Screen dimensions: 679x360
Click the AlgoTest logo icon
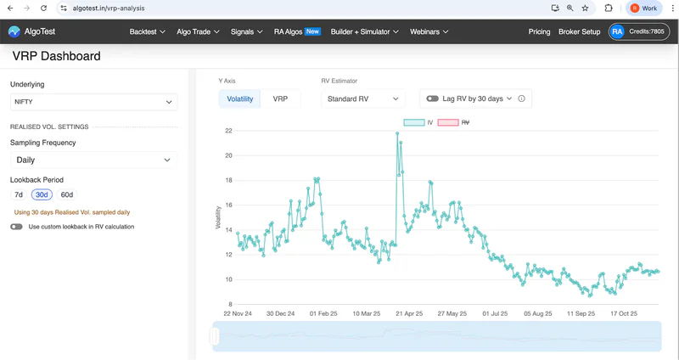(14, 31)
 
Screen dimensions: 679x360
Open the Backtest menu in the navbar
(147, 31)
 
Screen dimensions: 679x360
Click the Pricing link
(539, 31)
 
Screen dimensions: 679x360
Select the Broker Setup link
(580, 31)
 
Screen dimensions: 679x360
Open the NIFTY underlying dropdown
(93, 102)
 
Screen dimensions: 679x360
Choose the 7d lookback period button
(19, 195)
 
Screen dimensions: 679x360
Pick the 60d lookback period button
(67, 195)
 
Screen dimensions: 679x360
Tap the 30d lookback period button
(42, 195)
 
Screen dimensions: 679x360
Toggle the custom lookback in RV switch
(16, 227)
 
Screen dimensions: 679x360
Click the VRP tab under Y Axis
(280, 98)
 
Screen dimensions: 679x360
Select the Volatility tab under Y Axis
(240, 98)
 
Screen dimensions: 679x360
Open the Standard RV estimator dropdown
(363, 98)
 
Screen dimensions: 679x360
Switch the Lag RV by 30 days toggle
(433, 98)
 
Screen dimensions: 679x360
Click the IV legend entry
(418, 122)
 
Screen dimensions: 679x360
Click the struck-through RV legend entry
(454, 122)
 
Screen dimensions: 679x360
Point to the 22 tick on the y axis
(228, 131)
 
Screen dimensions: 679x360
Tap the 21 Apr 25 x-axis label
(409, 313)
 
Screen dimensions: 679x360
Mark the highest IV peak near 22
(397, 133)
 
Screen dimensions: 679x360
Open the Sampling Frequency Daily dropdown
(93, 160)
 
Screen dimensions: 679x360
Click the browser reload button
(43, 8)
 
